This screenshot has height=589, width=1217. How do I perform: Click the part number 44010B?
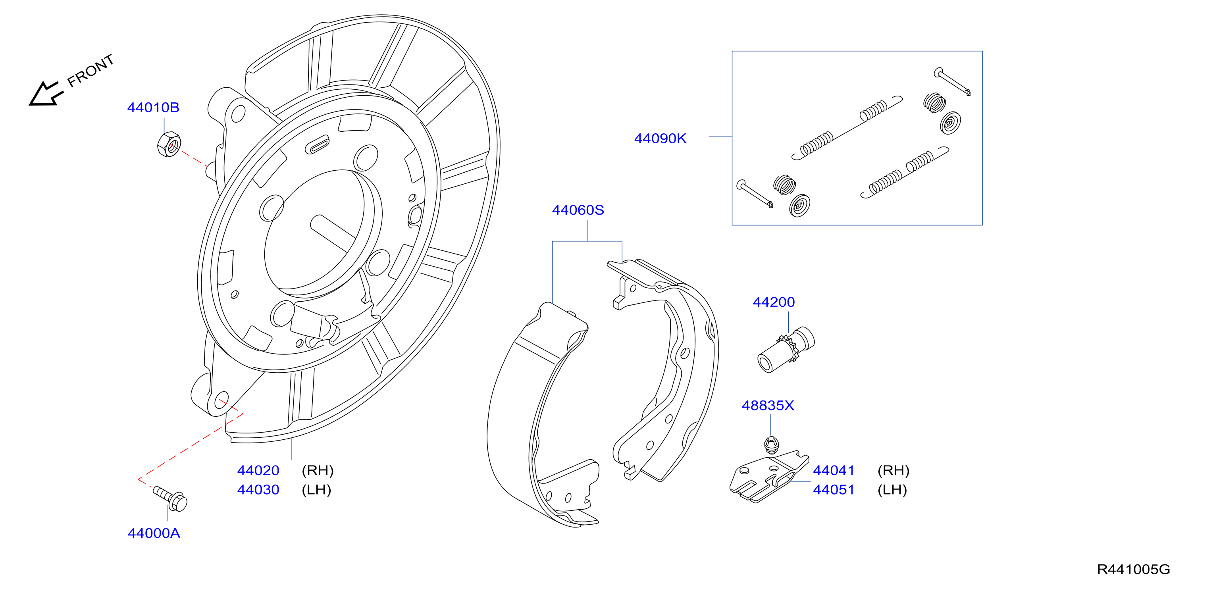click(153, 108)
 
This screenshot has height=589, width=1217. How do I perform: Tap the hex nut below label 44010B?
click(169, 144)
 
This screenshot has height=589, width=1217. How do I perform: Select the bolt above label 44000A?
click(170, 499)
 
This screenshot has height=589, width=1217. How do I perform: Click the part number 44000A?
click(154, 533)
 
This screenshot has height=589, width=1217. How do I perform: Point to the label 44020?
click(258, 470)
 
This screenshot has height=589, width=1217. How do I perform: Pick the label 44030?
click(258, 490)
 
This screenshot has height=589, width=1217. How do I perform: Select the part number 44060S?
click(578, 210)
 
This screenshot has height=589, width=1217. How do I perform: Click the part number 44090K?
click(660, 139)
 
